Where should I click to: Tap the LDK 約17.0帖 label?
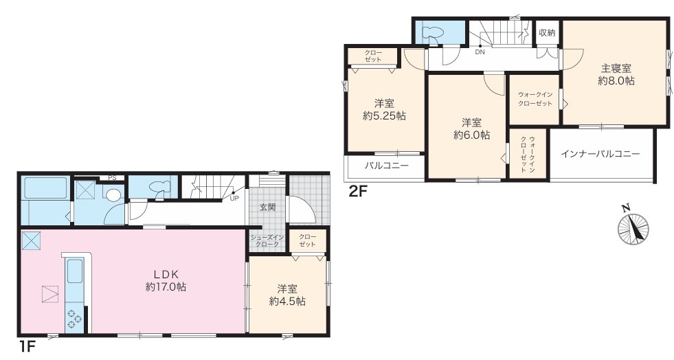[166, 280]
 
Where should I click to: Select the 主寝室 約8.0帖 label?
[616, 74]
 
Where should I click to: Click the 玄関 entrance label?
[267, 207]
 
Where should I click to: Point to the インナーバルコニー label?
[600, 154]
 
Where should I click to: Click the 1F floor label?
[27, 346]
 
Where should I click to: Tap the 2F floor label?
[359, 190]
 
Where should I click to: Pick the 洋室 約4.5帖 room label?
[287, 295]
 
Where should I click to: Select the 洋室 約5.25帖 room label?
[384, 109]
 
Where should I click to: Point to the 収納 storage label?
[547, 33]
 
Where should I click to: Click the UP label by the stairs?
[234, 198]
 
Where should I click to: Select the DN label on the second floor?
[480, 52]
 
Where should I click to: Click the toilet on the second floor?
[430, 34]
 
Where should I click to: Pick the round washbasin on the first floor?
[113, 196]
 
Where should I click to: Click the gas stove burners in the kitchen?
[74, 318]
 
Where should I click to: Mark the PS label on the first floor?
[112, 177]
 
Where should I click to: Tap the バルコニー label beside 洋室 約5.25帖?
[387, 165]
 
